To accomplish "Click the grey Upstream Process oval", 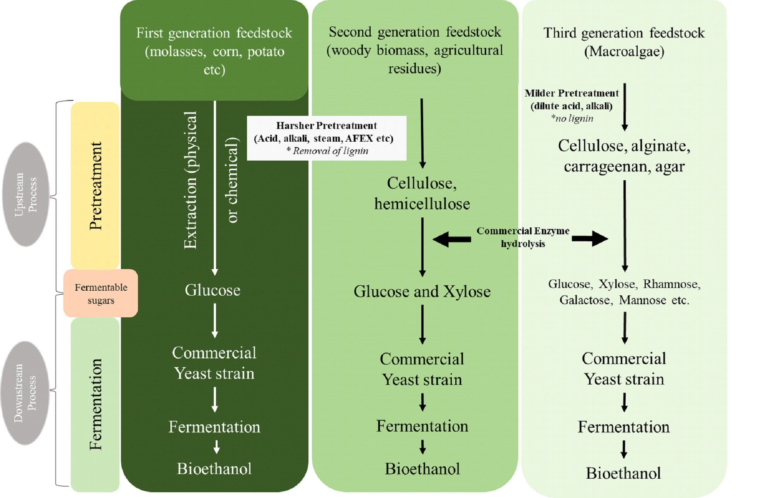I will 26,194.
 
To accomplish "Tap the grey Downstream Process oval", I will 26,393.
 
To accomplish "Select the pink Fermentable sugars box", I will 100,293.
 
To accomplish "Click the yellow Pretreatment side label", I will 95,186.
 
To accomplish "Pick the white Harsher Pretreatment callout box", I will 326,138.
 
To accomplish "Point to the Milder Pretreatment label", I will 571,93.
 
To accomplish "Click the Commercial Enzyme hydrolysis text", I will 523,237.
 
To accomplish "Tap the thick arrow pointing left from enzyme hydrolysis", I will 451,239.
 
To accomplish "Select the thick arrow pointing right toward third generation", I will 590,239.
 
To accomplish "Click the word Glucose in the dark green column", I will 213,290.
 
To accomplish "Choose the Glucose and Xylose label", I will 422,291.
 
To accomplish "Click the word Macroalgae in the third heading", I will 624,51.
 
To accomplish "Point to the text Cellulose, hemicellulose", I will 422,193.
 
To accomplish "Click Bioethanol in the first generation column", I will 214,469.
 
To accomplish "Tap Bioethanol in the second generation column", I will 422,469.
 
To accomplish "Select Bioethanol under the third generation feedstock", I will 623,473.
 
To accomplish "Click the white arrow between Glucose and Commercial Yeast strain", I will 215,321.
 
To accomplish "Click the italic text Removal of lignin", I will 330,151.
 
